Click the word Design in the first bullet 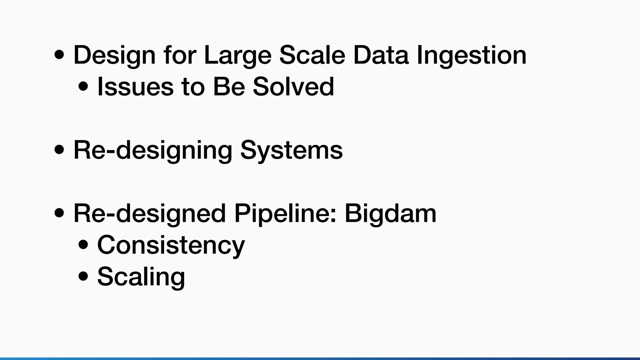tap(114, 55)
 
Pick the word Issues tap(135, 87)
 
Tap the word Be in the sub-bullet tap(229, 87)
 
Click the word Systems tap(291, 150)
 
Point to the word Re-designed tap(149, 214)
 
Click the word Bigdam tap(390, 213)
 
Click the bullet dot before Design tap(59, 55)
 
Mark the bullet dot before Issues tap(83, 87)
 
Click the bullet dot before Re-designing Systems tap(59, 150)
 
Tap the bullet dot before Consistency tap(83, 245)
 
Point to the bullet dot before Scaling tap(83, 277)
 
